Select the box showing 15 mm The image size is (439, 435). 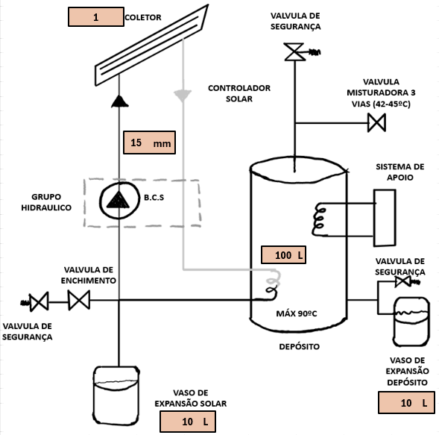tap(150, 143)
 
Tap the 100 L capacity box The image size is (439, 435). tap(283, 254)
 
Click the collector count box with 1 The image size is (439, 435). tap(96, 17)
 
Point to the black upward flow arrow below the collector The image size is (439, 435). tap(120, 101)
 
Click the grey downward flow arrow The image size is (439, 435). tap(183, 96)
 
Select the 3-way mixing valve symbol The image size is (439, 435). tap(377, 122)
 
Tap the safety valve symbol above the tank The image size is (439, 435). tap(294, 51)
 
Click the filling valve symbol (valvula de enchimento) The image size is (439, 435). tap(79, 300)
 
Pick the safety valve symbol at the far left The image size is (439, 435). tap(39, 302)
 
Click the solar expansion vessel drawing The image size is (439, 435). tap(116, 395)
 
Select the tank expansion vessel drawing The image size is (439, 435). tap(411, 322)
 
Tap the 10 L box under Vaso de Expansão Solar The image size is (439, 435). tap(188, 422)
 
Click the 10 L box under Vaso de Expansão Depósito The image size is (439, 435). tap(406, 402)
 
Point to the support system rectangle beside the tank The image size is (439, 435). tap(385, 218)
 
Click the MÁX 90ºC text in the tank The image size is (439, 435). tap(297, 313)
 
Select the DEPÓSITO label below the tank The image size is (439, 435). tap(300, 347)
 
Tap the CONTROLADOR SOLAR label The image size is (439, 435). tap(239, 93)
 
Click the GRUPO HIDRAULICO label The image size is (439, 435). tap(46, 202)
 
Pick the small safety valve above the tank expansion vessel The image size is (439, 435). tap(403, 281)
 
